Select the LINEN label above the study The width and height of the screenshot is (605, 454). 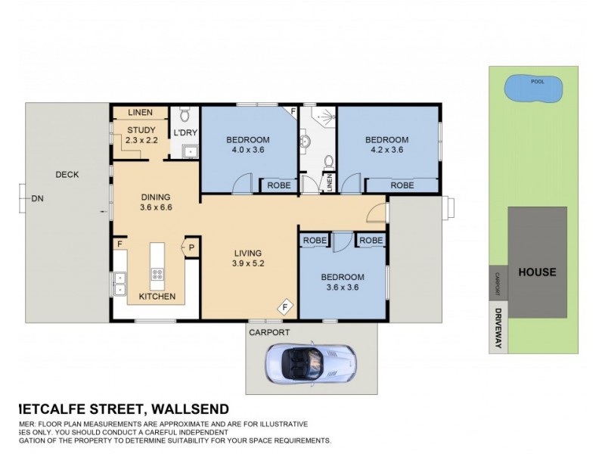(141, 113)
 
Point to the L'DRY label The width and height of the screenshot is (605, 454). (185, 133)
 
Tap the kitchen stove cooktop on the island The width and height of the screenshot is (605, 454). (158, 275)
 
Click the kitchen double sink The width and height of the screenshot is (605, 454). (119, 282)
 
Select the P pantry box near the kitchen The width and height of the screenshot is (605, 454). (191, 247)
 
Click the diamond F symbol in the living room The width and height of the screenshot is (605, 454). (285, 306)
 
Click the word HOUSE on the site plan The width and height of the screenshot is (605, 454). (537, 272)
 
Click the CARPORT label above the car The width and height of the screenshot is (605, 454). (269, 331)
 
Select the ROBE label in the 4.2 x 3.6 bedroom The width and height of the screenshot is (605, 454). (402, 185)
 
